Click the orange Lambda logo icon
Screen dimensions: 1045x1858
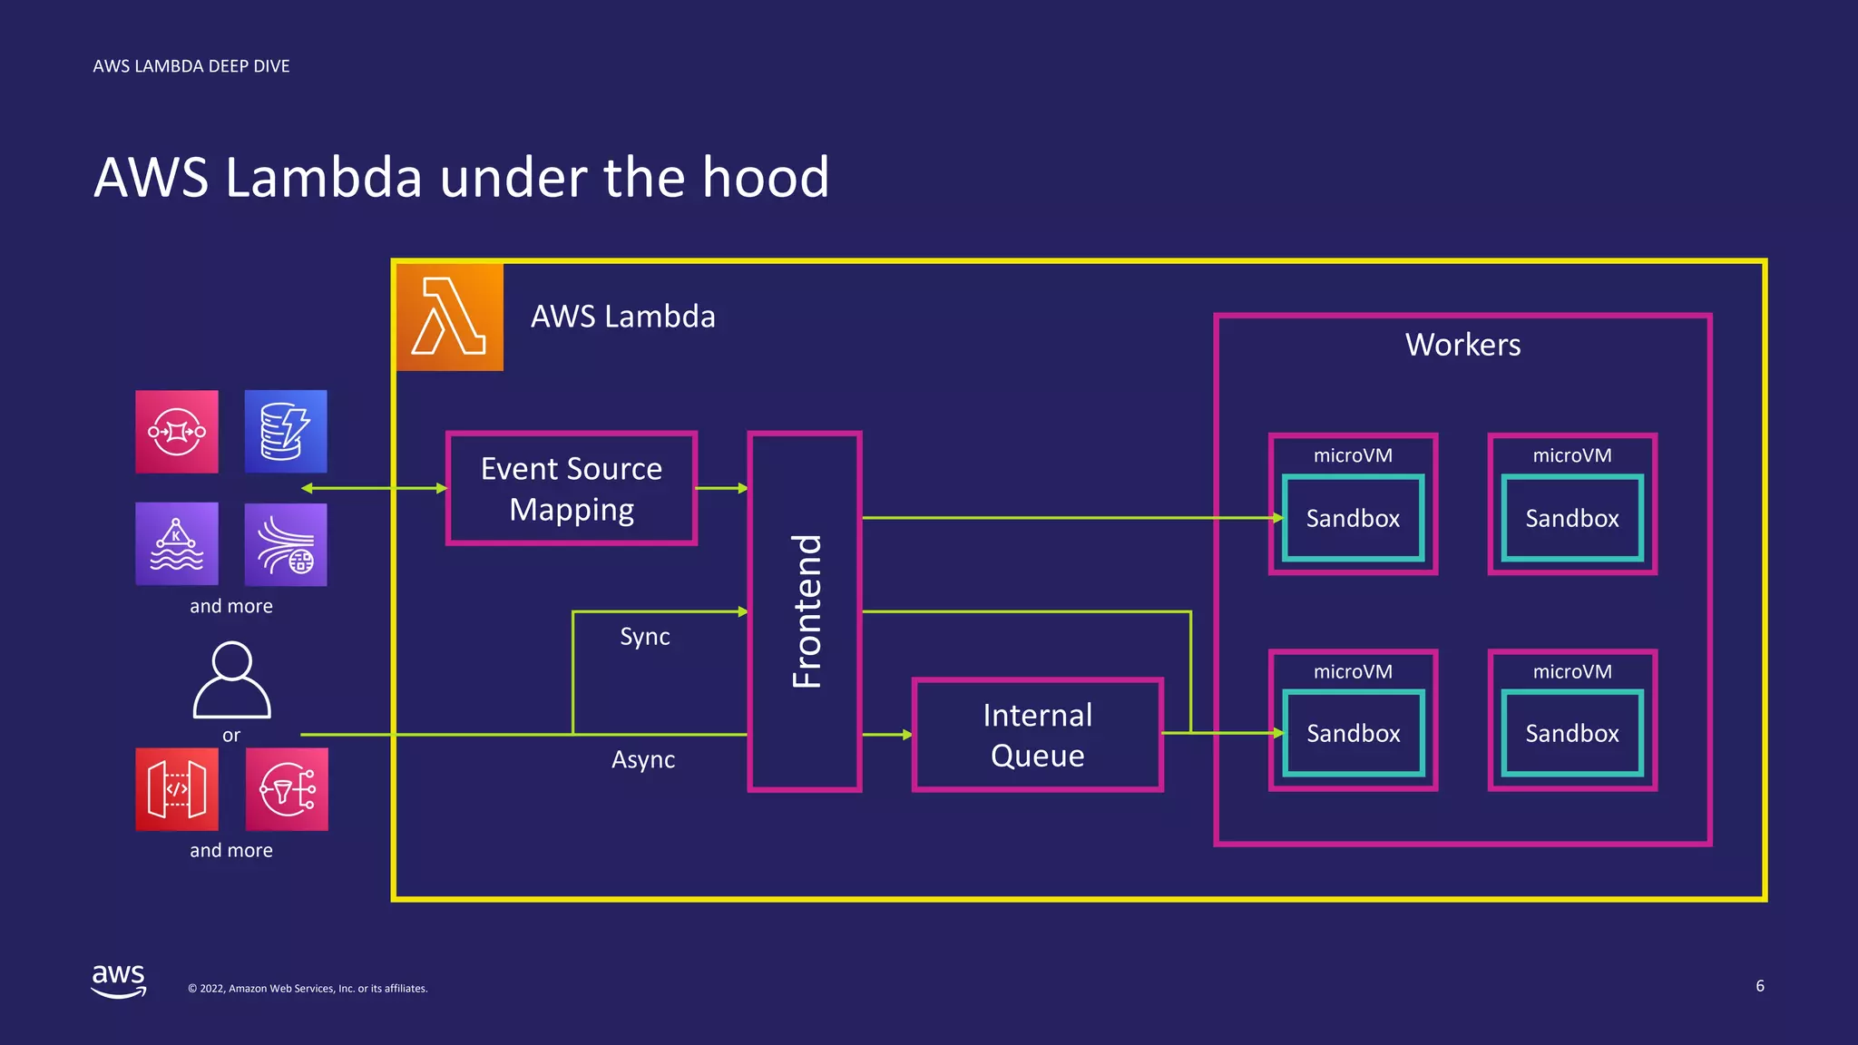(450, 317)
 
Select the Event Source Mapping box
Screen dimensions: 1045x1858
(572, 488)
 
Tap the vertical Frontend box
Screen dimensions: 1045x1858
(805, 611)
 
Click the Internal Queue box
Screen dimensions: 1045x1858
(1037, 735)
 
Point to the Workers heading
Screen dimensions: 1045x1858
(1462, 345)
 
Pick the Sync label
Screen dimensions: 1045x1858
(644, 637)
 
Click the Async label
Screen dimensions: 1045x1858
(643, 759)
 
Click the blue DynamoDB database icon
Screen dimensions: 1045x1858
(286, 432)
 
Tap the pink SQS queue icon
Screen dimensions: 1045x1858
(177, 432)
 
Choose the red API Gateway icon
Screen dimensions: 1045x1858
(177, 789)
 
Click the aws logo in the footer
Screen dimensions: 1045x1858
(119, 981)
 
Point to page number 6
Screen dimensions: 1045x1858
(1759, 986)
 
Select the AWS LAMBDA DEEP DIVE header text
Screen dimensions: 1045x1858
(191, 66)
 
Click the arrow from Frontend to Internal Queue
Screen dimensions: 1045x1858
(886, 735)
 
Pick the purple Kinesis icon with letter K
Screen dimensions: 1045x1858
(177, 544)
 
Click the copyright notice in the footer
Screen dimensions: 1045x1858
(308, 989)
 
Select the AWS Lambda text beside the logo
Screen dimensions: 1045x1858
(623, 317)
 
